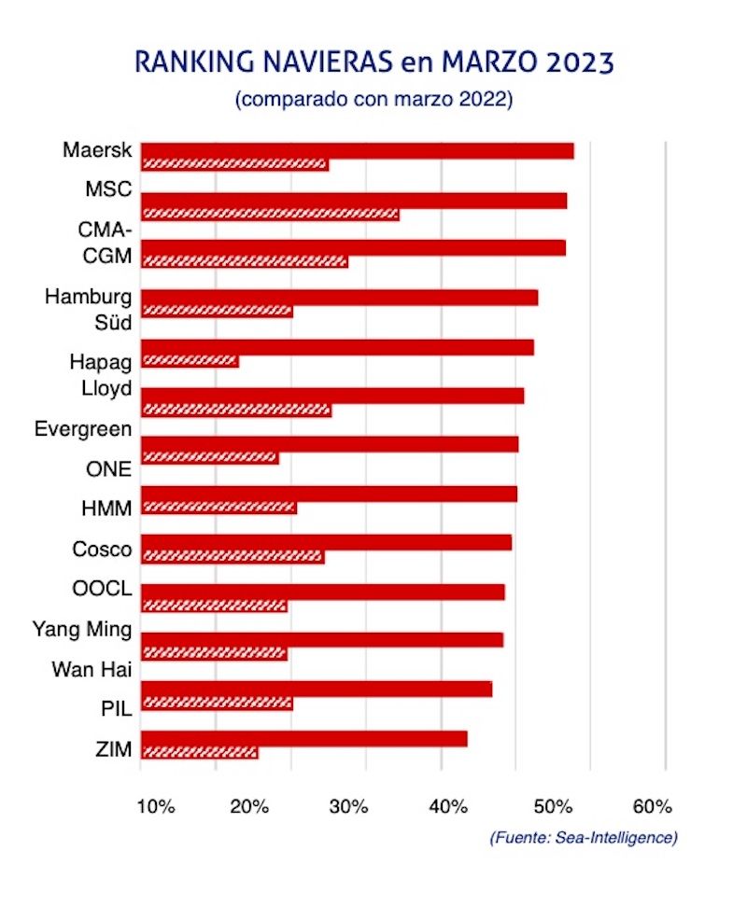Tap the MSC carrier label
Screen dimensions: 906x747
pyautogui.click(x=108, y=189)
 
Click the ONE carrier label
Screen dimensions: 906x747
pyautogui.click(x=108, y=469)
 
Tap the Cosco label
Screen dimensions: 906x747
pyautogui.click(x=102, y=549)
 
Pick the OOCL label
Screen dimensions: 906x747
pyautogui.click(x=102, y=589)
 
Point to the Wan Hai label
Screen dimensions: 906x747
pyautogui.click(x=92, y=668)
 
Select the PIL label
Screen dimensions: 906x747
pyautogui.click(x=115, y=707)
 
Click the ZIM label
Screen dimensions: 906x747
pyautogui.click(x=111, y=746)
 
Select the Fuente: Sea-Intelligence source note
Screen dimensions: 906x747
pyautogui.click(x=584, y=837)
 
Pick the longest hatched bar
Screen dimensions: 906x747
pyautogui.click(x=270, y=215)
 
